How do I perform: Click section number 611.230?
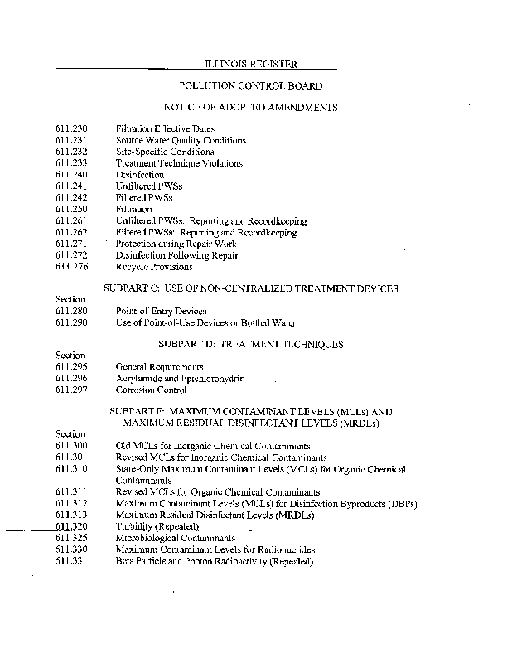(x=70, y=129)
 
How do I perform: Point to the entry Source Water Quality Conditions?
(x=181, y=141)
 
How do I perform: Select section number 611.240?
(x=70, y=175)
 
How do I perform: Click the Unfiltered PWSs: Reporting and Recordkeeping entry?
(x=210, y=221)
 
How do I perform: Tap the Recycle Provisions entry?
(x=153, y=267)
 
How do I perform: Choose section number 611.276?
(x=70, y=267)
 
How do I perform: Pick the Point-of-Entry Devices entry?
(x=162, y=311)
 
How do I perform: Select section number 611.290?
(x=70, y=322)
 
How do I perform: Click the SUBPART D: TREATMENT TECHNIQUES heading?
(x=250, y=344)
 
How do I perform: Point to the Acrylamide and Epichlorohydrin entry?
(x=180, y=378)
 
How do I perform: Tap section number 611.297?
(x=70, y=390)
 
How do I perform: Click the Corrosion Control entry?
(x=151, y=390)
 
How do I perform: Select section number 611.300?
(x=70, y=446)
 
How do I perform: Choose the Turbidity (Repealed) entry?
(x=157, y=526)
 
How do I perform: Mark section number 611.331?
(x=70, y=561)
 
